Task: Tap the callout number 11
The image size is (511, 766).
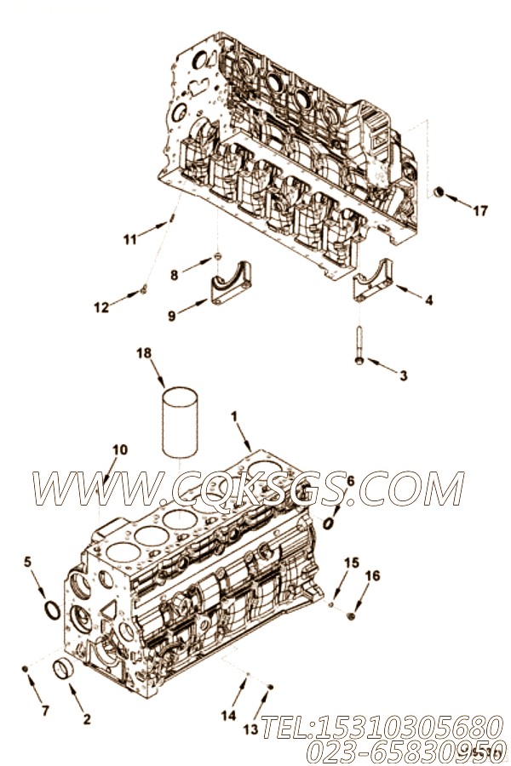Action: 129,239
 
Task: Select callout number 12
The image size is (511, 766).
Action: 101,307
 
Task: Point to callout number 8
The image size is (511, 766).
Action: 175,274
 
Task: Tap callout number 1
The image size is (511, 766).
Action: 234,416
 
